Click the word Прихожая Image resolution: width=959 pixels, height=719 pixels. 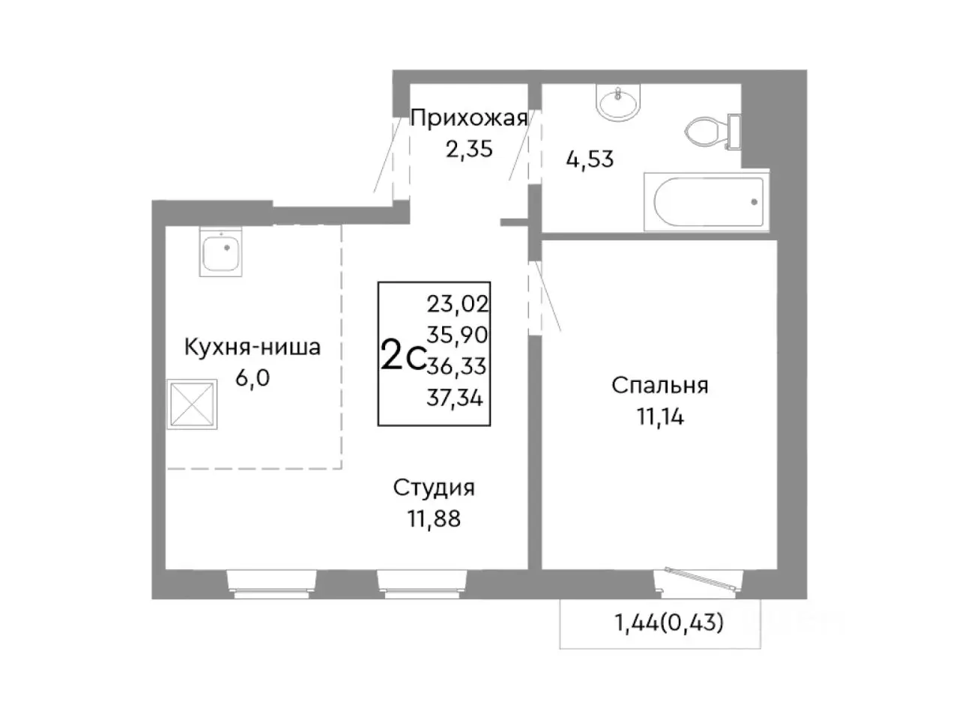(469, 118)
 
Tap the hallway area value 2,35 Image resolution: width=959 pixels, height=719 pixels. (469, 149)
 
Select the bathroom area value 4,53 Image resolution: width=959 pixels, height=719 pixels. (590, 160)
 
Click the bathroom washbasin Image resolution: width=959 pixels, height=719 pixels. (618, 101)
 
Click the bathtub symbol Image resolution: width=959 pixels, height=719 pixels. (708, 201)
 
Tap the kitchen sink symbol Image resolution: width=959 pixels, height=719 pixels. (222, 253)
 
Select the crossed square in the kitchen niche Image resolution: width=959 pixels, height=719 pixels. (193, 404)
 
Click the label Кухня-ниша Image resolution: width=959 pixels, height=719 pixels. (252, 348)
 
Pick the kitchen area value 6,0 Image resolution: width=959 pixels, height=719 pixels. (252, 377)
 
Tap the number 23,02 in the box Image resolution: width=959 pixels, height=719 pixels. (457, 303)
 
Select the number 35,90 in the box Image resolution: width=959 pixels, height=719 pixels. (457, 334)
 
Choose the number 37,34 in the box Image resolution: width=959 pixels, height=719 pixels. (455, 397)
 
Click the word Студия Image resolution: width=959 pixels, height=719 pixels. (434, 488)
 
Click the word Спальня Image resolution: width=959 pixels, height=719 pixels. (659, 386)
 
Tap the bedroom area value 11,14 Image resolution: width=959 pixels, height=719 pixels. (660, 416)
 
